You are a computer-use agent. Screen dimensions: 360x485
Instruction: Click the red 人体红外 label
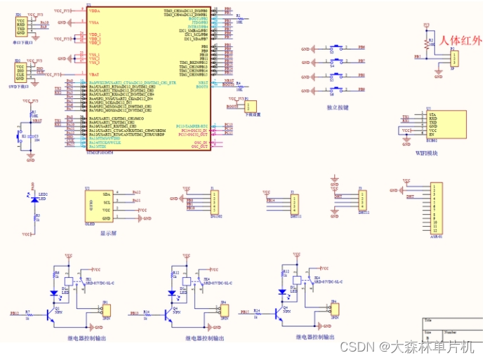[x=462, y=41]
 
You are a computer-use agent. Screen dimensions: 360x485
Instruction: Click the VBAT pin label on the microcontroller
[x=93, y=74]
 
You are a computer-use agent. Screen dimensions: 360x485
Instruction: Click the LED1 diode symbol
[x=34, y=199]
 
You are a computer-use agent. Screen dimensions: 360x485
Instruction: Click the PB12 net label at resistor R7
[x=15, y=312]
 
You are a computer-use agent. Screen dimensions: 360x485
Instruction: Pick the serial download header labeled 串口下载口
[x=21, y=27]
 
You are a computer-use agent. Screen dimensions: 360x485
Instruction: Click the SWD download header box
[x=21, y=71]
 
